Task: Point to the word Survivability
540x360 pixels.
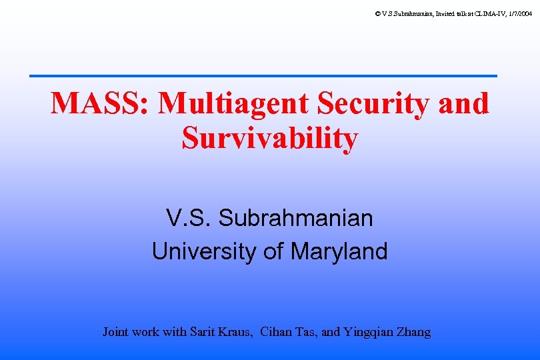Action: (x=269, y=138)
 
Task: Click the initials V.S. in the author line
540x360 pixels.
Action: (x=189, y=218)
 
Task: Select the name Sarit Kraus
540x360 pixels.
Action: (x=221, y=331)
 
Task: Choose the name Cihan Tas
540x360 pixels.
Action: (x=287, y=331)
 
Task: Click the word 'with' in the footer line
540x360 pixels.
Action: (x=175, y=331)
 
